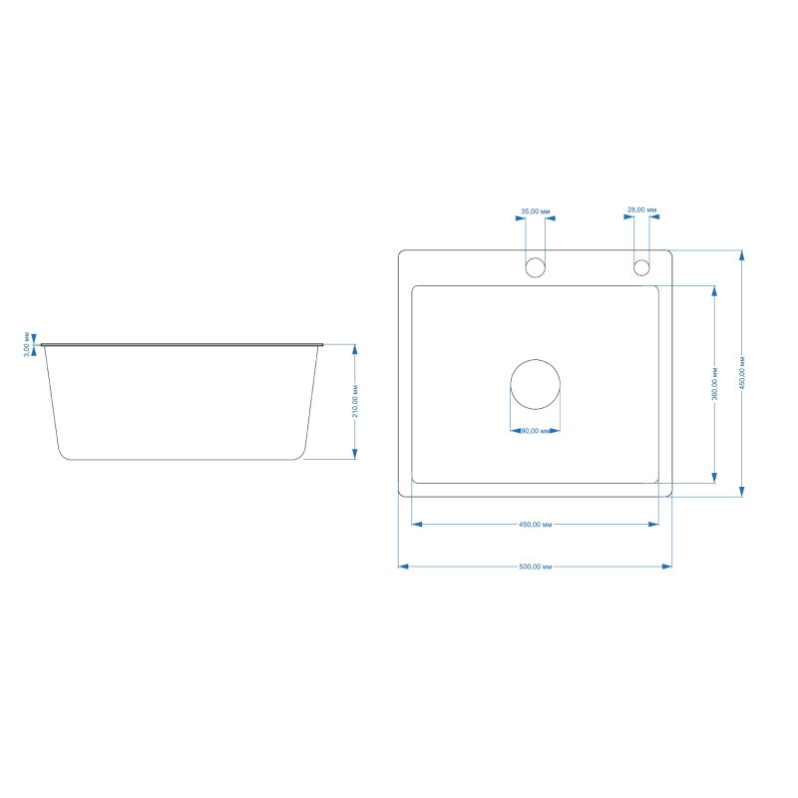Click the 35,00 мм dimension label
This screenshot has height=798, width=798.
pyautogui.click(x=536, y=211)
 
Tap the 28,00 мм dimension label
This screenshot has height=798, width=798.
pyautogui.click(x=641, y=209)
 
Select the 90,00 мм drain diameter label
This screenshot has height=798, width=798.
pyautogui.click(x=536, y=431)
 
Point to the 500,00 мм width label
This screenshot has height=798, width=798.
pyautogui.click(x=536, y=567)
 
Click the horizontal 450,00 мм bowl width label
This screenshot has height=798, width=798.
pyautogui.click(x=536, y=525)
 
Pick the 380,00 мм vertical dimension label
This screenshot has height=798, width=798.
pyautogui.click(x=714, y=383)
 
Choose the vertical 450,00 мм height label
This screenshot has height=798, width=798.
pyautogui.click(x=742, y=373)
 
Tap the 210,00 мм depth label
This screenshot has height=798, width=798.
pyautogui.click(x=355, y=402)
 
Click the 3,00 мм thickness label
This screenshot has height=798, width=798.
pyautogui.click(x=27, y=344)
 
